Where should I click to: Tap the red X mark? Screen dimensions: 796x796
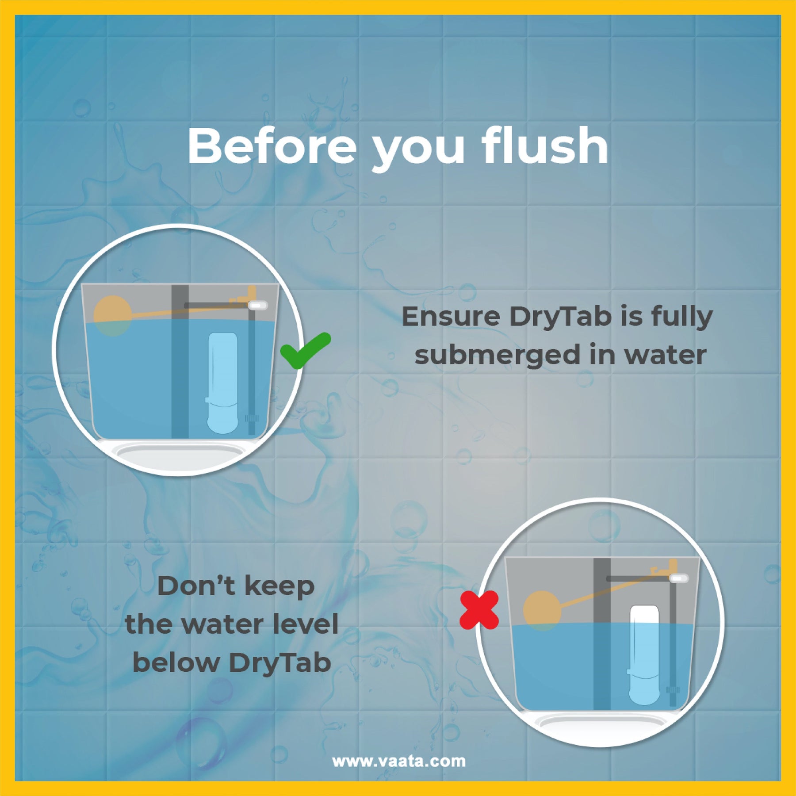[x=479, y=610]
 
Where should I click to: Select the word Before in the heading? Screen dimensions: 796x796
[x=272, y=146]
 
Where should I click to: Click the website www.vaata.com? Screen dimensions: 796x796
[x=399, y=761]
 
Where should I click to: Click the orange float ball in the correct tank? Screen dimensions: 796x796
[x=113, y=316]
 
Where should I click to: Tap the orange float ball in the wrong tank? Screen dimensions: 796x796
[x=542, y=611]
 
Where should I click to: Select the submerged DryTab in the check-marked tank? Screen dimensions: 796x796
[x=222, y=383]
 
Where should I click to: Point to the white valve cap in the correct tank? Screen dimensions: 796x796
[x=258, y=305]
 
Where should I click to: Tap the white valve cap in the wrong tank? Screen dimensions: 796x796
[x=679, y=578]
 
